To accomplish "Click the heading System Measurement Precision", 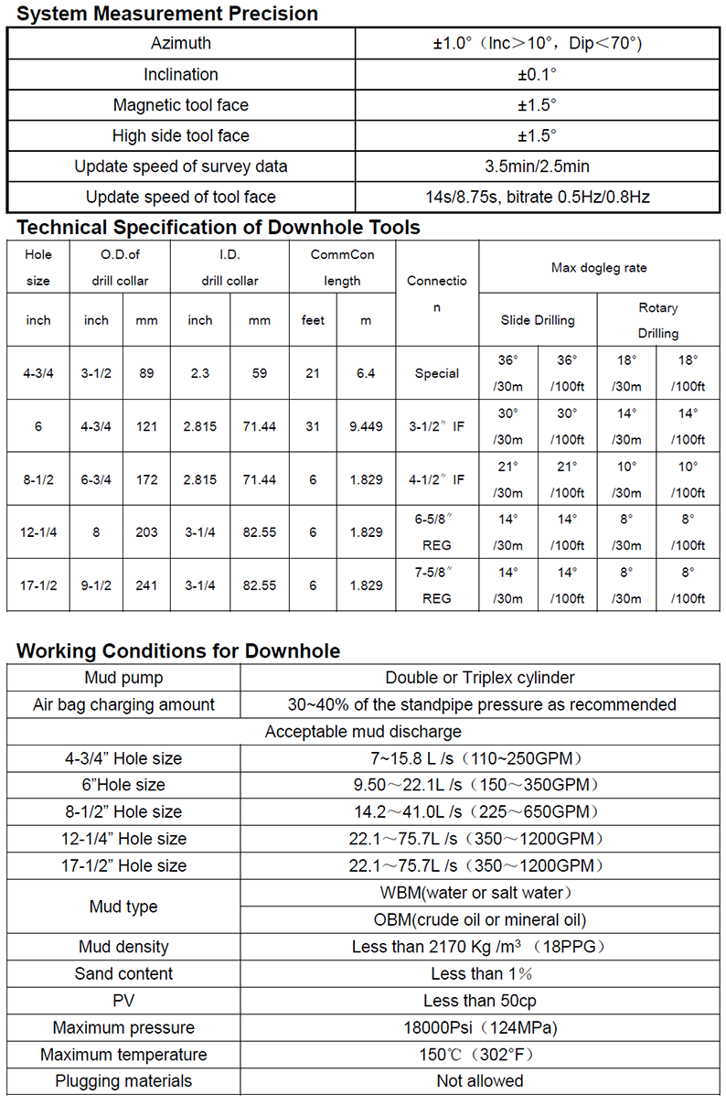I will point(167,14).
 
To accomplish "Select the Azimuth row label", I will point(180,44).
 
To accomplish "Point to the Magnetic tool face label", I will point(180,105).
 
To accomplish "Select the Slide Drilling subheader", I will point(538,320).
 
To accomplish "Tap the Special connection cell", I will point(436,373).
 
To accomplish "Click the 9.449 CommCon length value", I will point(366,426).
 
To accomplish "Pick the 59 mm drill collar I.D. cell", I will point(259,373).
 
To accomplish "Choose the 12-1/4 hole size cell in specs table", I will point(38,532).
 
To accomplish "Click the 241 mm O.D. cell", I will point(146,585).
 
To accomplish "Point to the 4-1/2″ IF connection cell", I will point(436,479).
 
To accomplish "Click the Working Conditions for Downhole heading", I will point(178,651).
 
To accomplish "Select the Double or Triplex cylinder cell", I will point(480,678).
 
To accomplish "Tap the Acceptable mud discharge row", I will point(363,732).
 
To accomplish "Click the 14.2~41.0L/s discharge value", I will point(480,812).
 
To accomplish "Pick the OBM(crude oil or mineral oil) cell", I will point(480,920).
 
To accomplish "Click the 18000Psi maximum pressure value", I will point(480,1027).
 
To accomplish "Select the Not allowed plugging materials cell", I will point(480,1081).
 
